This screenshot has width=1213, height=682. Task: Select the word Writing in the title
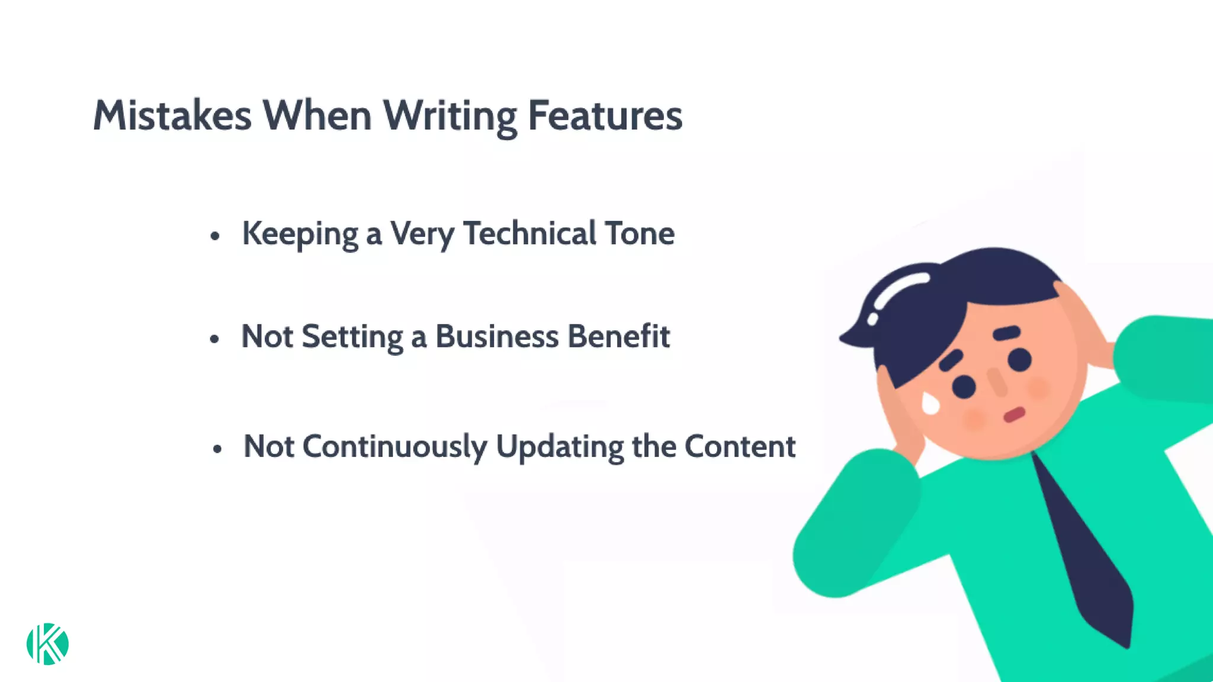[450, 116]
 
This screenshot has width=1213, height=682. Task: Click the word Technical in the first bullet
[530, 233]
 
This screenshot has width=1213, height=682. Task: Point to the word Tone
[639, 233]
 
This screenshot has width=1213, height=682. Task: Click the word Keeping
[300, 234]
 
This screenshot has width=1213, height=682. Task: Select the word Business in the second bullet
[497, 336]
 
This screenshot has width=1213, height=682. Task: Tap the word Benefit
[618, 336]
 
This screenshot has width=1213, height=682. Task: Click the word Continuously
[394, 446]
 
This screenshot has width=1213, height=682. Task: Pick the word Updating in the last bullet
[559, 446]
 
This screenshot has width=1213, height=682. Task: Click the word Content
[740, 446]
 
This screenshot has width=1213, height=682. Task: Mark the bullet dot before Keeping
[215, 236]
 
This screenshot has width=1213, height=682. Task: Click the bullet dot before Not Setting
[214, 339]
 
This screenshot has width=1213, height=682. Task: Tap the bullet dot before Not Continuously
[217, 449]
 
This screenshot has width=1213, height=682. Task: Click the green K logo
[47, 644]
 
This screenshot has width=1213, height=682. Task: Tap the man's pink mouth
[1014, 414]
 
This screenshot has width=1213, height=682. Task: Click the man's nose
[997, 381]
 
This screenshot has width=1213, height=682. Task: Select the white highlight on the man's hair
[894, 290]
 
